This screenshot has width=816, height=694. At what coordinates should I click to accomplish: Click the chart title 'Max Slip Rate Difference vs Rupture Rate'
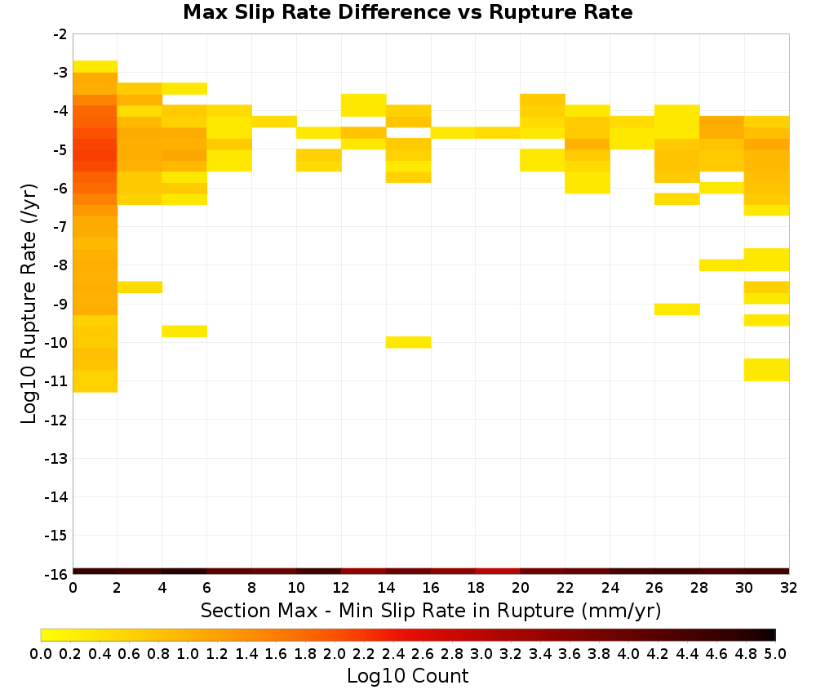(x=407, y=12)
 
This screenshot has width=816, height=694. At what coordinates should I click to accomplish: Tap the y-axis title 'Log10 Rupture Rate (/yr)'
(x=29, y=304)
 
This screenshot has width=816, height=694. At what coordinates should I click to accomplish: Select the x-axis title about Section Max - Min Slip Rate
(x=431, y=610)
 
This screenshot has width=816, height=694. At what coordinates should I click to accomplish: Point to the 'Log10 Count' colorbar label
(x=407, y=676)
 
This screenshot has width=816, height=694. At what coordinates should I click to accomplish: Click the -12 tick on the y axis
(x=56, y=420)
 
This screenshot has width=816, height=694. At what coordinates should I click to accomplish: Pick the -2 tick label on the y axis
(x=60, y=35)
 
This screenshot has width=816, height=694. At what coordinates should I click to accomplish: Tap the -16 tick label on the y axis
(x=56, y=574)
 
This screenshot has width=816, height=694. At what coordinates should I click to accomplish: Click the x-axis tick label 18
(x=476, y=588)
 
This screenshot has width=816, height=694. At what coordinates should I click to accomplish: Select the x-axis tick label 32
(x=789, y=588)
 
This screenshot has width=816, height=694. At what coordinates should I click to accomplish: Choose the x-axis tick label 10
(x=297, y=588)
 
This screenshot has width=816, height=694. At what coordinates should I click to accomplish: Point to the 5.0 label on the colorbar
(x=775, y=653)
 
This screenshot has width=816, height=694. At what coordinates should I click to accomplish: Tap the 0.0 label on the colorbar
(x=41, y=653)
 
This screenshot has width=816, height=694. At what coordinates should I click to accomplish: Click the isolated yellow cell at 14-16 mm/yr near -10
(x=409, y=342)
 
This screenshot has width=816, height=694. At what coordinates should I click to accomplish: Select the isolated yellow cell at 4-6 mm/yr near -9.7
(x=184, y=331)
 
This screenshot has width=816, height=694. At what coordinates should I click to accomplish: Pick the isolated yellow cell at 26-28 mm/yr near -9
(x=677, y=309)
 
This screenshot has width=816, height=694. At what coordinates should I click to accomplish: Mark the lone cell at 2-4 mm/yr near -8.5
(x=140, y=287)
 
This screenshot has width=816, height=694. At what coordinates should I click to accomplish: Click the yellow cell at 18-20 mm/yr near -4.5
(x=498, y=133)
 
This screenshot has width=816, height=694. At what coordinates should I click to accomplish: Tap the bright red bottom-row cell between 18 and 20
(x=498, y=572)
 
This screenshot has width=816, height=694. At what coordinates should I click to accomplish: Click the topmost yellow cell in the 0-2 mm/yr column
(x=95, y=67)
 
